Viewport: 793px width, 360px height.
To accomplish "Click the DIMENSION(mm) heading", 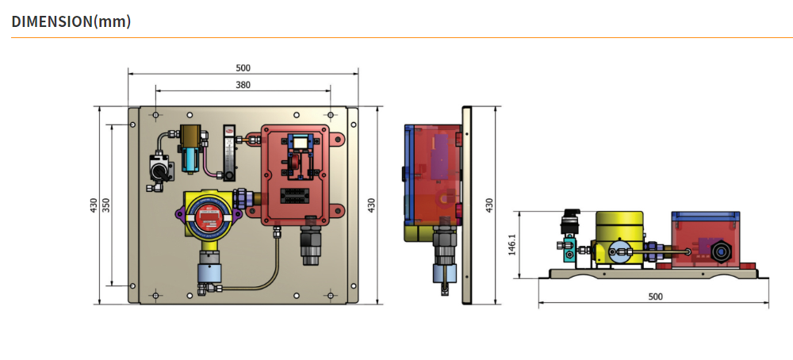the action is pyautogui.click(x=71, y=21).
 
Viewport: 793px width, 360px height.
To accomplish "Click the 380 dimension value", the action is pyautogui.click(x=243, y=85).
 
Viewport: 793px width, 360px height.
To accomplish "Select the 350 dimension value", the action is pyautogui.click(x=106, y=205).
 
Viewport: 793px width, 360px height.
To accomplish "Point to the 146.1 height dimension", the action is pyautogui.click(x=512, y=244).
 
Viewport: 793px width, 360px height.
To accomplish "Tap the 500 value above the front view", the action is pyautogui.click(x=243, y=67).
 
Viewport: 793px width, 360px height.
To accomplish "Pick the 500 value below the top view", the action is pyautogui.click(x=655, y=297).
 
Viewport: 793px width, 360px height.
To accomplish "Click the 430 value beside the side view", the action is pyautogui.click(x=489, y=205).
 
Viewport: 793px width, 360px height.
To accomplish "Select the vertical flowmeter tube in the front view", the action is pyautogui.click(x=228, y=153).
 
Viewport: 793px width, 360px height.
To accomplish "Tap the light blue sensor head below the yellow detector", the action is pyautogui.click(x=209, y=273).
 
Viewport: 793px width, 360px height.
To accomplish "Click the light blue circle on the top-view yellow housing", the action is pyautogui.click(x=619, y=252).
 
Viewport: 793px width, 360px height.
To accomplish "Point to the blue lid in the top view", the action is pyautogui.click(x=706, y=216).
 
